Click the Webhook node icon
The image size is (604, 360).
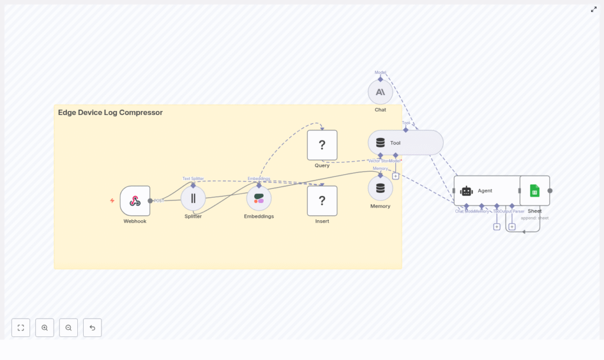click(135, 201)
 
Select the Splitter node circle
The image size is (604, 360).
click(193, 198)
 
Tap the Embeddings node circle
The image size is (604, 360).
click(259, 198)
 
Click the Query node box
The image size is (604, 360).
click(322, 145)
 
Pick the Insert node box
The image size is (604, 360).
click(322, 201)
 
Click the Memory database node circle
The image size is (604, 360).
click(380, 188)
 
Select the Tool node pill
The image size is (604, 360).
click(405, 143)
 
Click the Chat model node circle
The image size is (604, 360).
click(380, 92)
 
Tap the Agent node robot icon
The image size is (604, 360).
click(467, 191)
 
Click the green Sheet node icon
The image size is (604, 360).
click(534, 191)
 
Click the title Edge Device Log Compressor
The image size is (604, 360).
click(110, 113)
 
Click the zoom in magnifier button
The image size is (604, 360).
click(45, 328)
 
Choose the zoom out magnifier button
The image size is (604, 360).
click(68, 328)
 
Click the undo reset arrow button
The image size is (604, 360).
click(92, 328)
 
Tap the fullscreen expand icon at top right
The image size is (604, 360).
click(594, 9)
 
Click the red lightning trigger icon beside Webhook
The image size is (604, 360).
click(112, 201)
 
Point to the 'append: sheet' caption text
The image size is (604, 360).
click(534, 218)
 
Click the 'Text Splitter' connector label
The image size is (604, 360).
click(193, 178)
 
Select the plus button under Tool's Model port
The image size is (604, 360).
click(395, 176)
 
